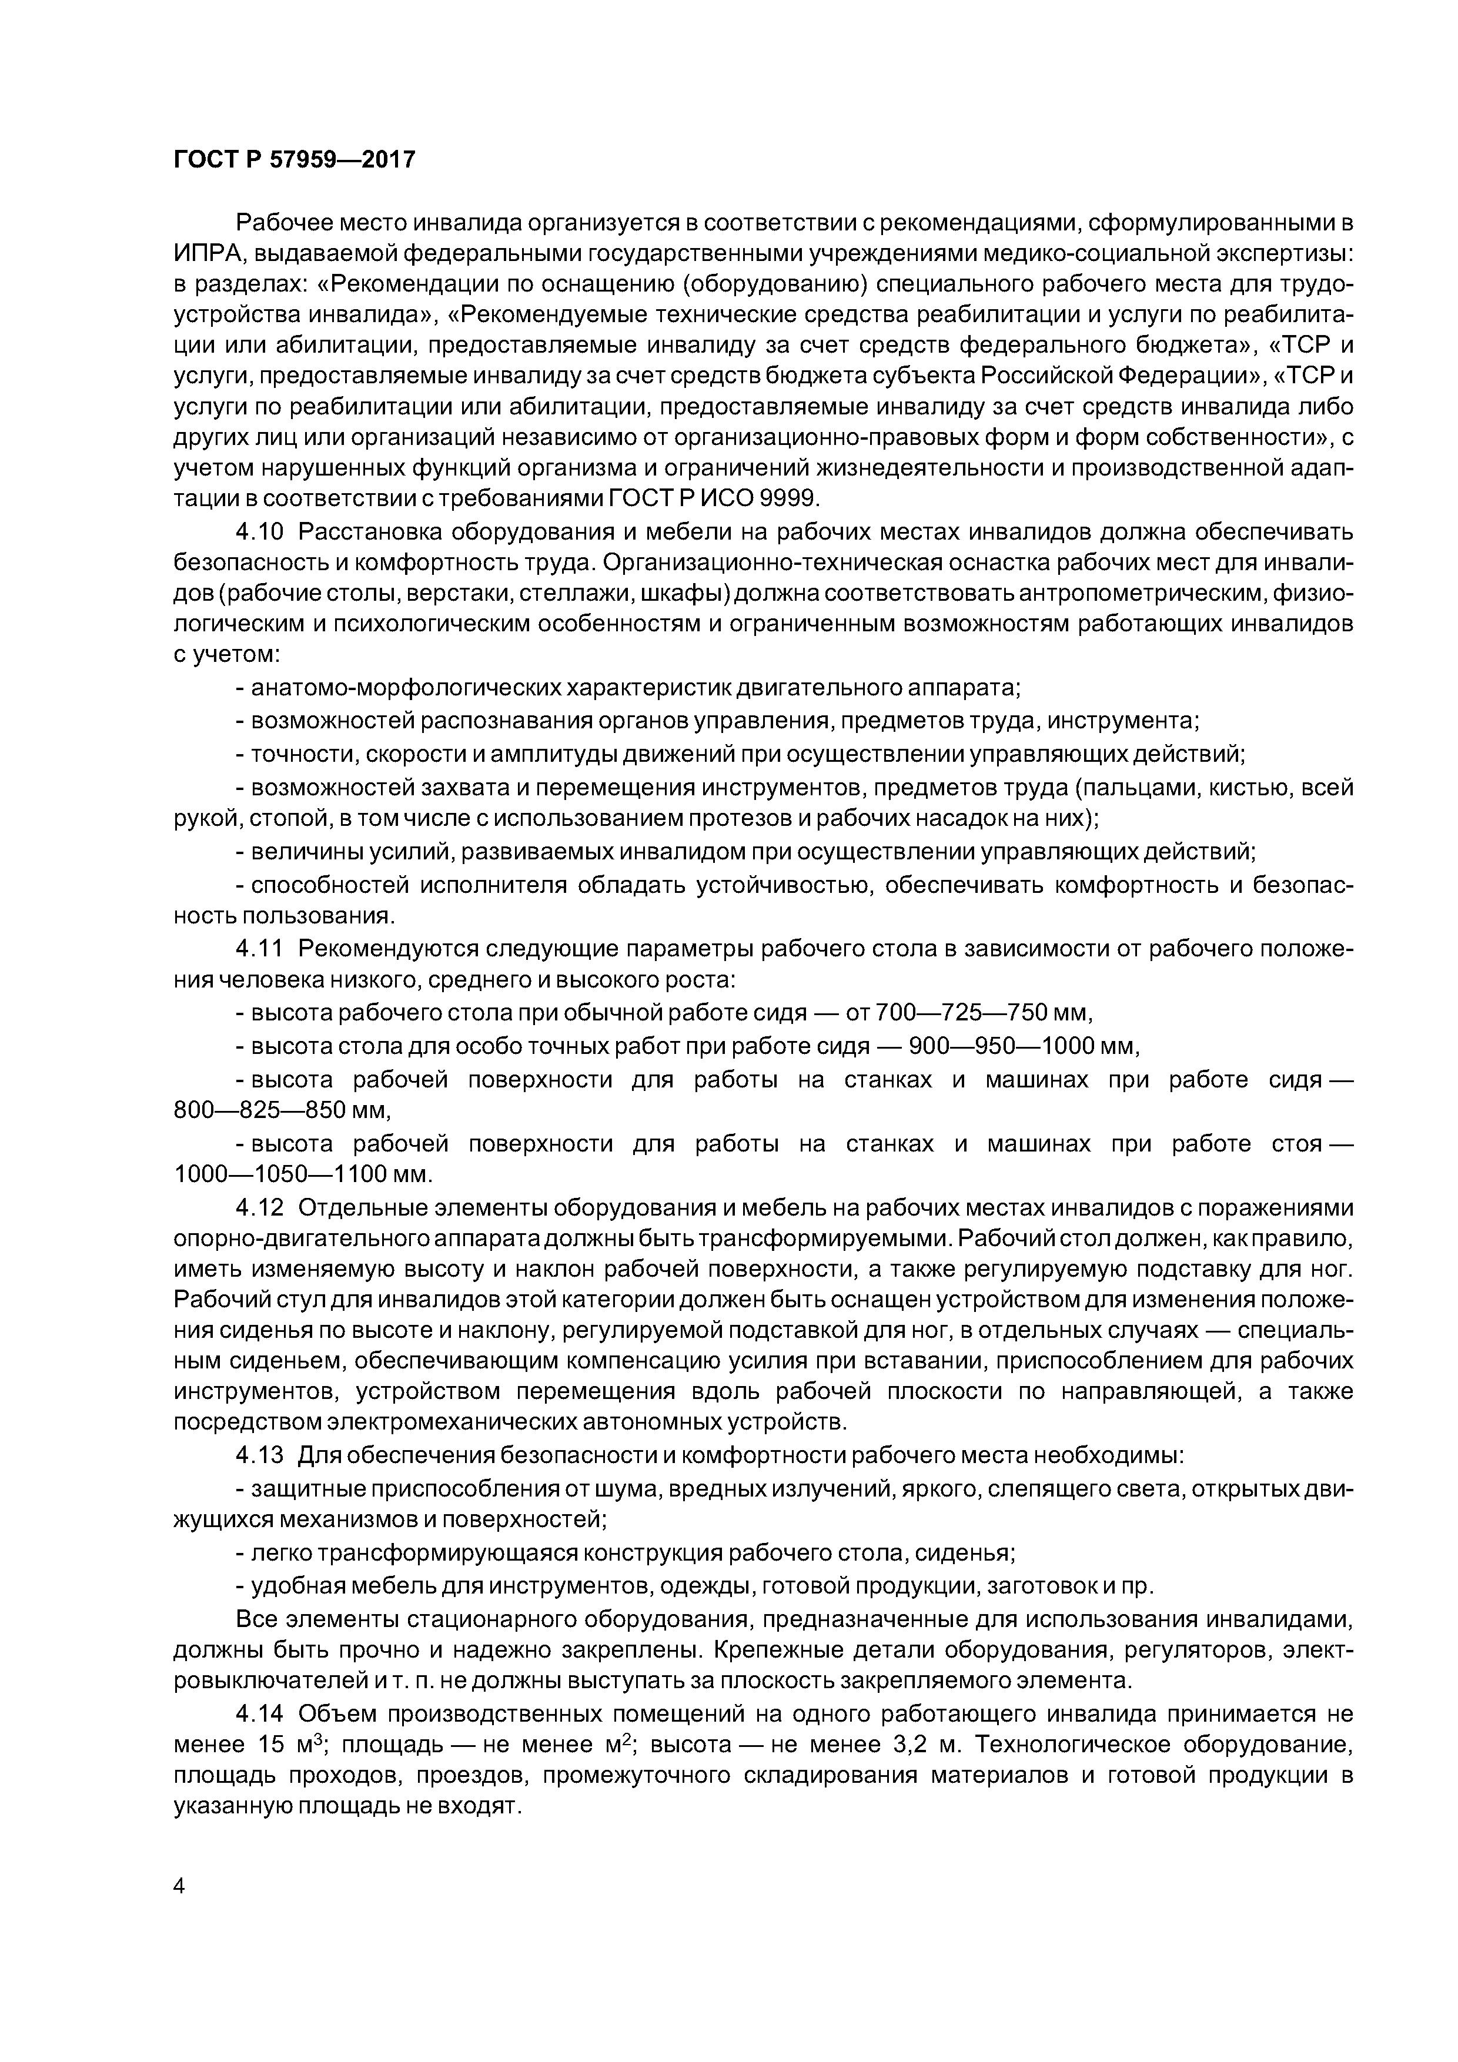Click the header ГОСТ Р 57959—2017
pos(295,160)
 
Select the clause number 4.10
pos(260,532)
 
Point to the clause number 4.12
pos(260,1209)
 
